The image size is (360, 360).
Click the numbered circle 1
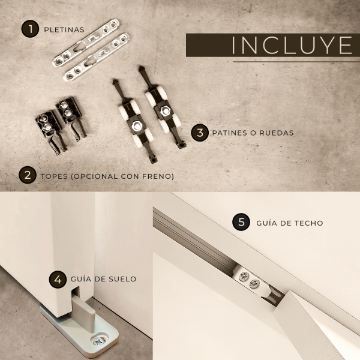tap(30, 29)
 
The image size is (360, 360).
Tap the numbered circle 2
tap(28, 175)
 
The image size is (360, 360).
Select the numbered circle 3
tap(200, 133)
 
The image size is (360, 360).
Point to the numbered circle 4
tap(58, 280)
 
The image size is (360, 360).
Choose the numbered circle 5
tap(241, 222)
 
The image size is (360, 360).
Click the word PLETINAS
tap(64, 29)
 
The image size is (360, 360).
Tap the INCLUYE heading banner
tap(273, 45)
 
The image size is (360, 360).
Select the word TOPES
tap(54, 176)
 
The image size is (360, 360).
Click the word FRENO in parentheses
tap(157, 176)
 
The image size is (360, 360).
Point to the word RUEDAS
tap(277, 133)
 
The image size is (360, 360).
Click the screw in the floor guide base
tap(100, 341)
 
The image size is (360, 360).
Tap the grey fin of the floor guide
tap(84, 313)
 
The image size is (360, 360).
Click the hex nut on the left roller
tap(137, 126)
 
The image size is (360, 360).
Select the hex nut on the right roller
tap(164, 111)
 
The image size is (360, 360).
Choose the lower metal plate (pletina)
tap(97, 57)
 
